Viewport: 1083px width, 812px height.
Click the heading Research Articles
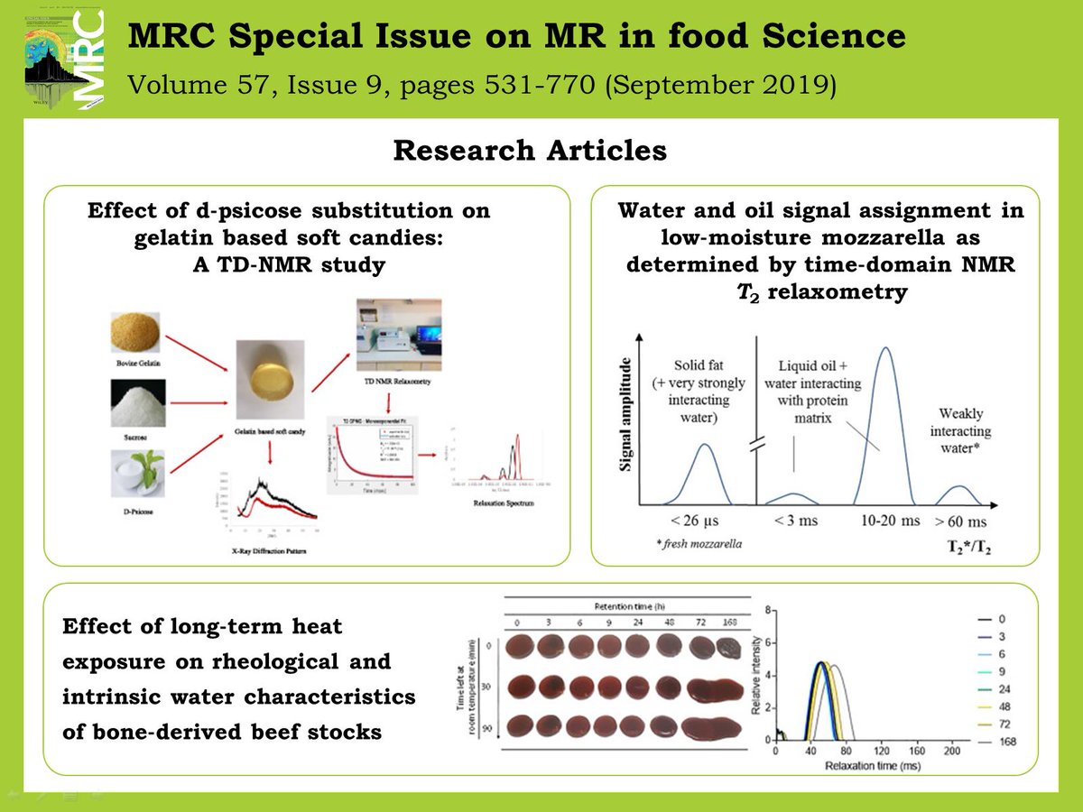[530, 151]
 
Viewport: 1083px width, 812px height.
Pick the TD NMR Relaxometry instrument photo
[397, 335]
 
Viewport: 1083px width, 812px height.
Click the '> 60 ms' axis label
[960, 521]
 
